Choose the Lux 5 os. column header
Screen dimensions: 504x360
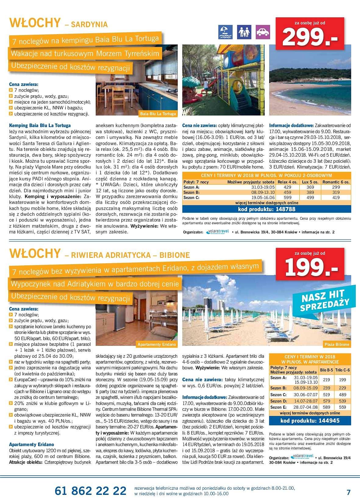pyautogui.click(x=310, y=182)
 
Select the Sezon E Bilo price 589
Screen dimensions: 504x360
pyautogui.click(x=326, y=407)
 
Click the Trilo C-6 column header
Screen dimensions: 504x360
pyautogui.click(x=342, y=370)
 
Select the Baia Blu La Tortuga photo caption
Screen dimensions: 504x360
pyautogui.click(x=158, y=114)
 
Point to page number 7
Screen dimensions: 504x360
pyautogui.click(x=349, y=492)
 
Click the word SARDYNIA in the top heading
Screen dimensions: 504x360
pyautogui.click(x=90, y=24)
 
